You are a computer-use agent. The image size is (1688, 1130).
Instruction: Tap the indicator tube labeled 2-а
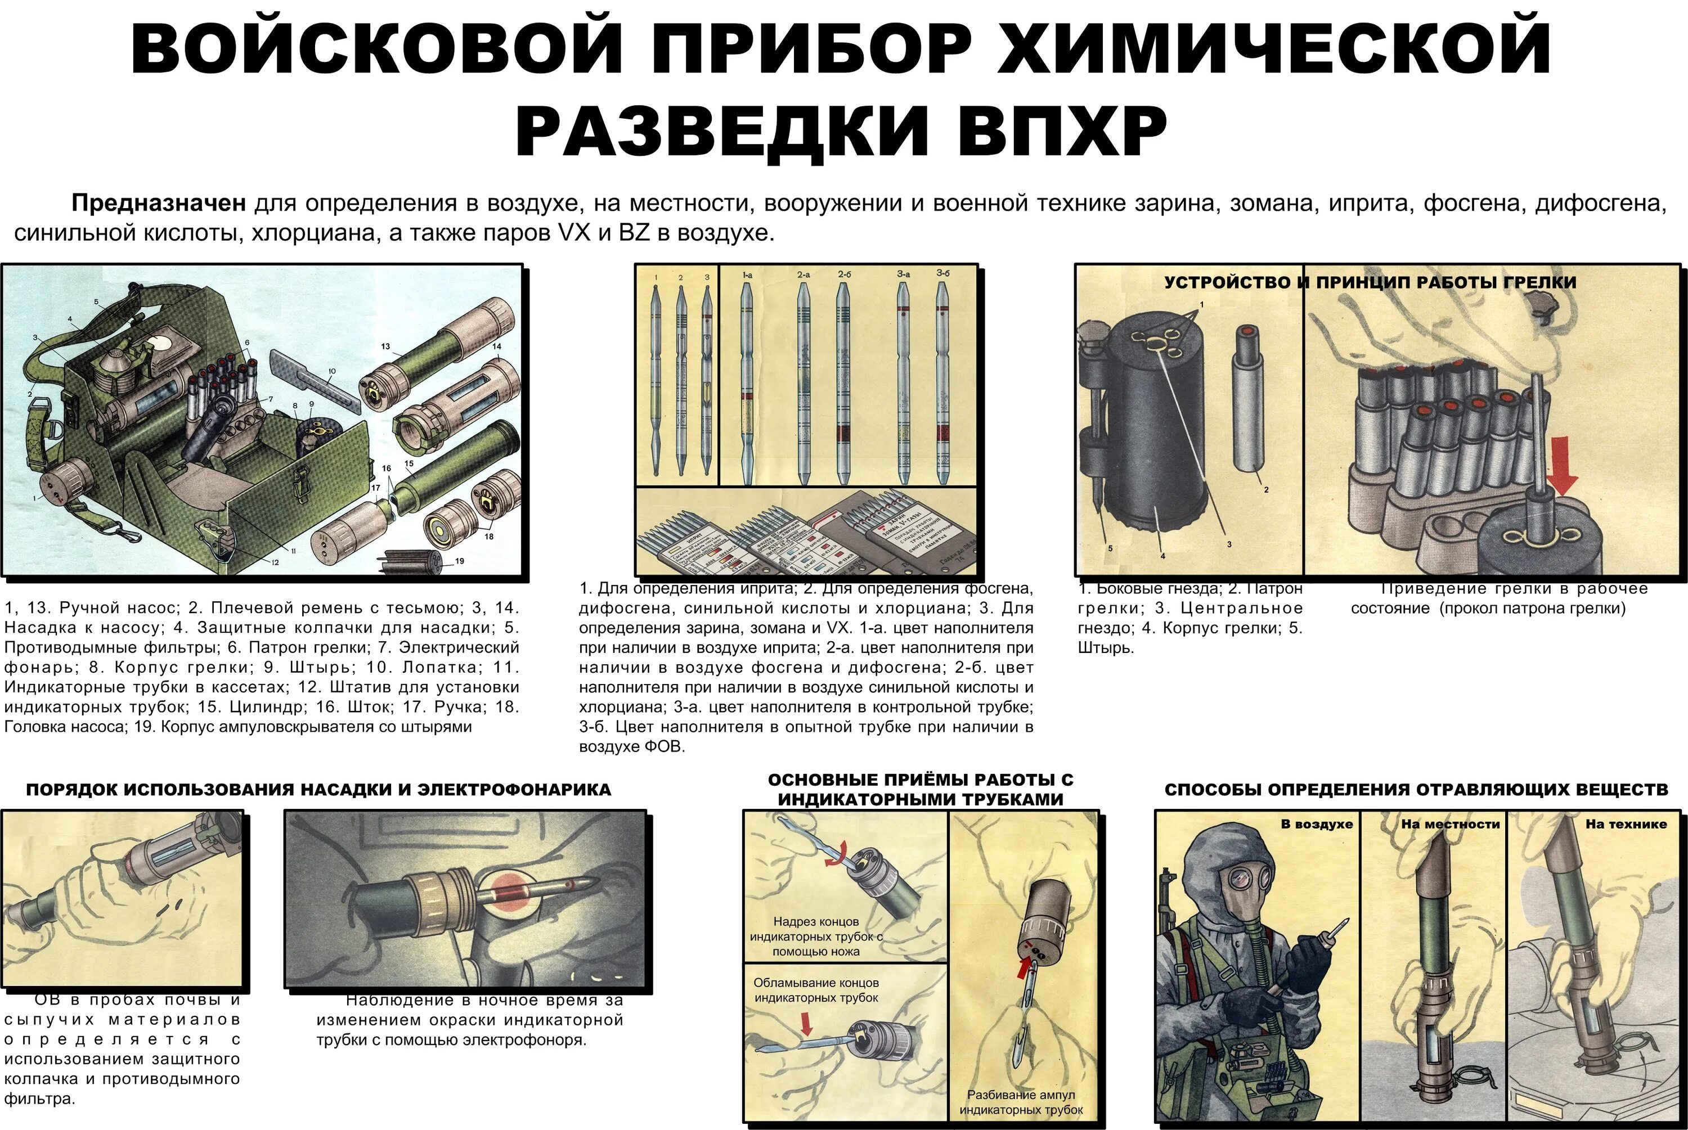803,382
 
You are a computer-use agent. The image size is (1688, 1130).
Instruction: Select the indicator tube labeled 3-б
942,382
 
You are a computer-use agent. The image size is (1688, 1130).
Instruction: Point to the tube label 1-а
747,275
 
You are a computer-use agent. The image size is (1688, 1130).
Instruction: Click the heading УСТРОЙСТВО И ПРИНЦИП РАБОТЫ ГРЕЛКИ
1370,282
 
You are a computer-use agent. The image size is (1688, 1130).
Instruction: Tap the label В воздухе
1317,823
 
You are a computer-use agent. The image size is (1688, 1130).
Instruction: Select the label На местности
1450,823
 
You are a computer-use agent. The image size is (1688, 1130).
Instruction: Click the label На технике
1626,823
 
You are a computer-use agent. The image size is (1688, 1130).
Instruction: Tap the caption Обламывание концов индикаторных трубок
815,990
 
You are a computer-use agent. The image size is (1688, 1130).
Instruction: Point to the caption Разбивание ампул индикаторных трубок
1021,1102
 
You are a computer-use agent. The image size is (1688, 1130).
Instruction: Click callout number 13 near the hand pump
385,346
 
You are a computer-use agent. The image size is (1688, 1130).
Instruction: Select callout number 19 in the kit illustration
459,561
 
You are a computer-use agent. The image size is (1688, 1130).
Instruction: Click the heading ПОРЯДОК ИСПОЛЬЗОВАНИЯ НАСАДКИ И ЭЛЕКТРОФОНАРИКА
318,790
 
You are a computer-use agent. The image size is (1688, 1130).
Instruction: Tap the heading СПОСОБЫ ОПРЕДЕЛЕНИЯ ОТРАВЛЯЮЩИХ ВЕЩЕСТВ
1416,790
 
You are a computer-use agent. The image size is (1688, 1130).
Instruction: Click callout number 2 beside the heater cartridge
1265,490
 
